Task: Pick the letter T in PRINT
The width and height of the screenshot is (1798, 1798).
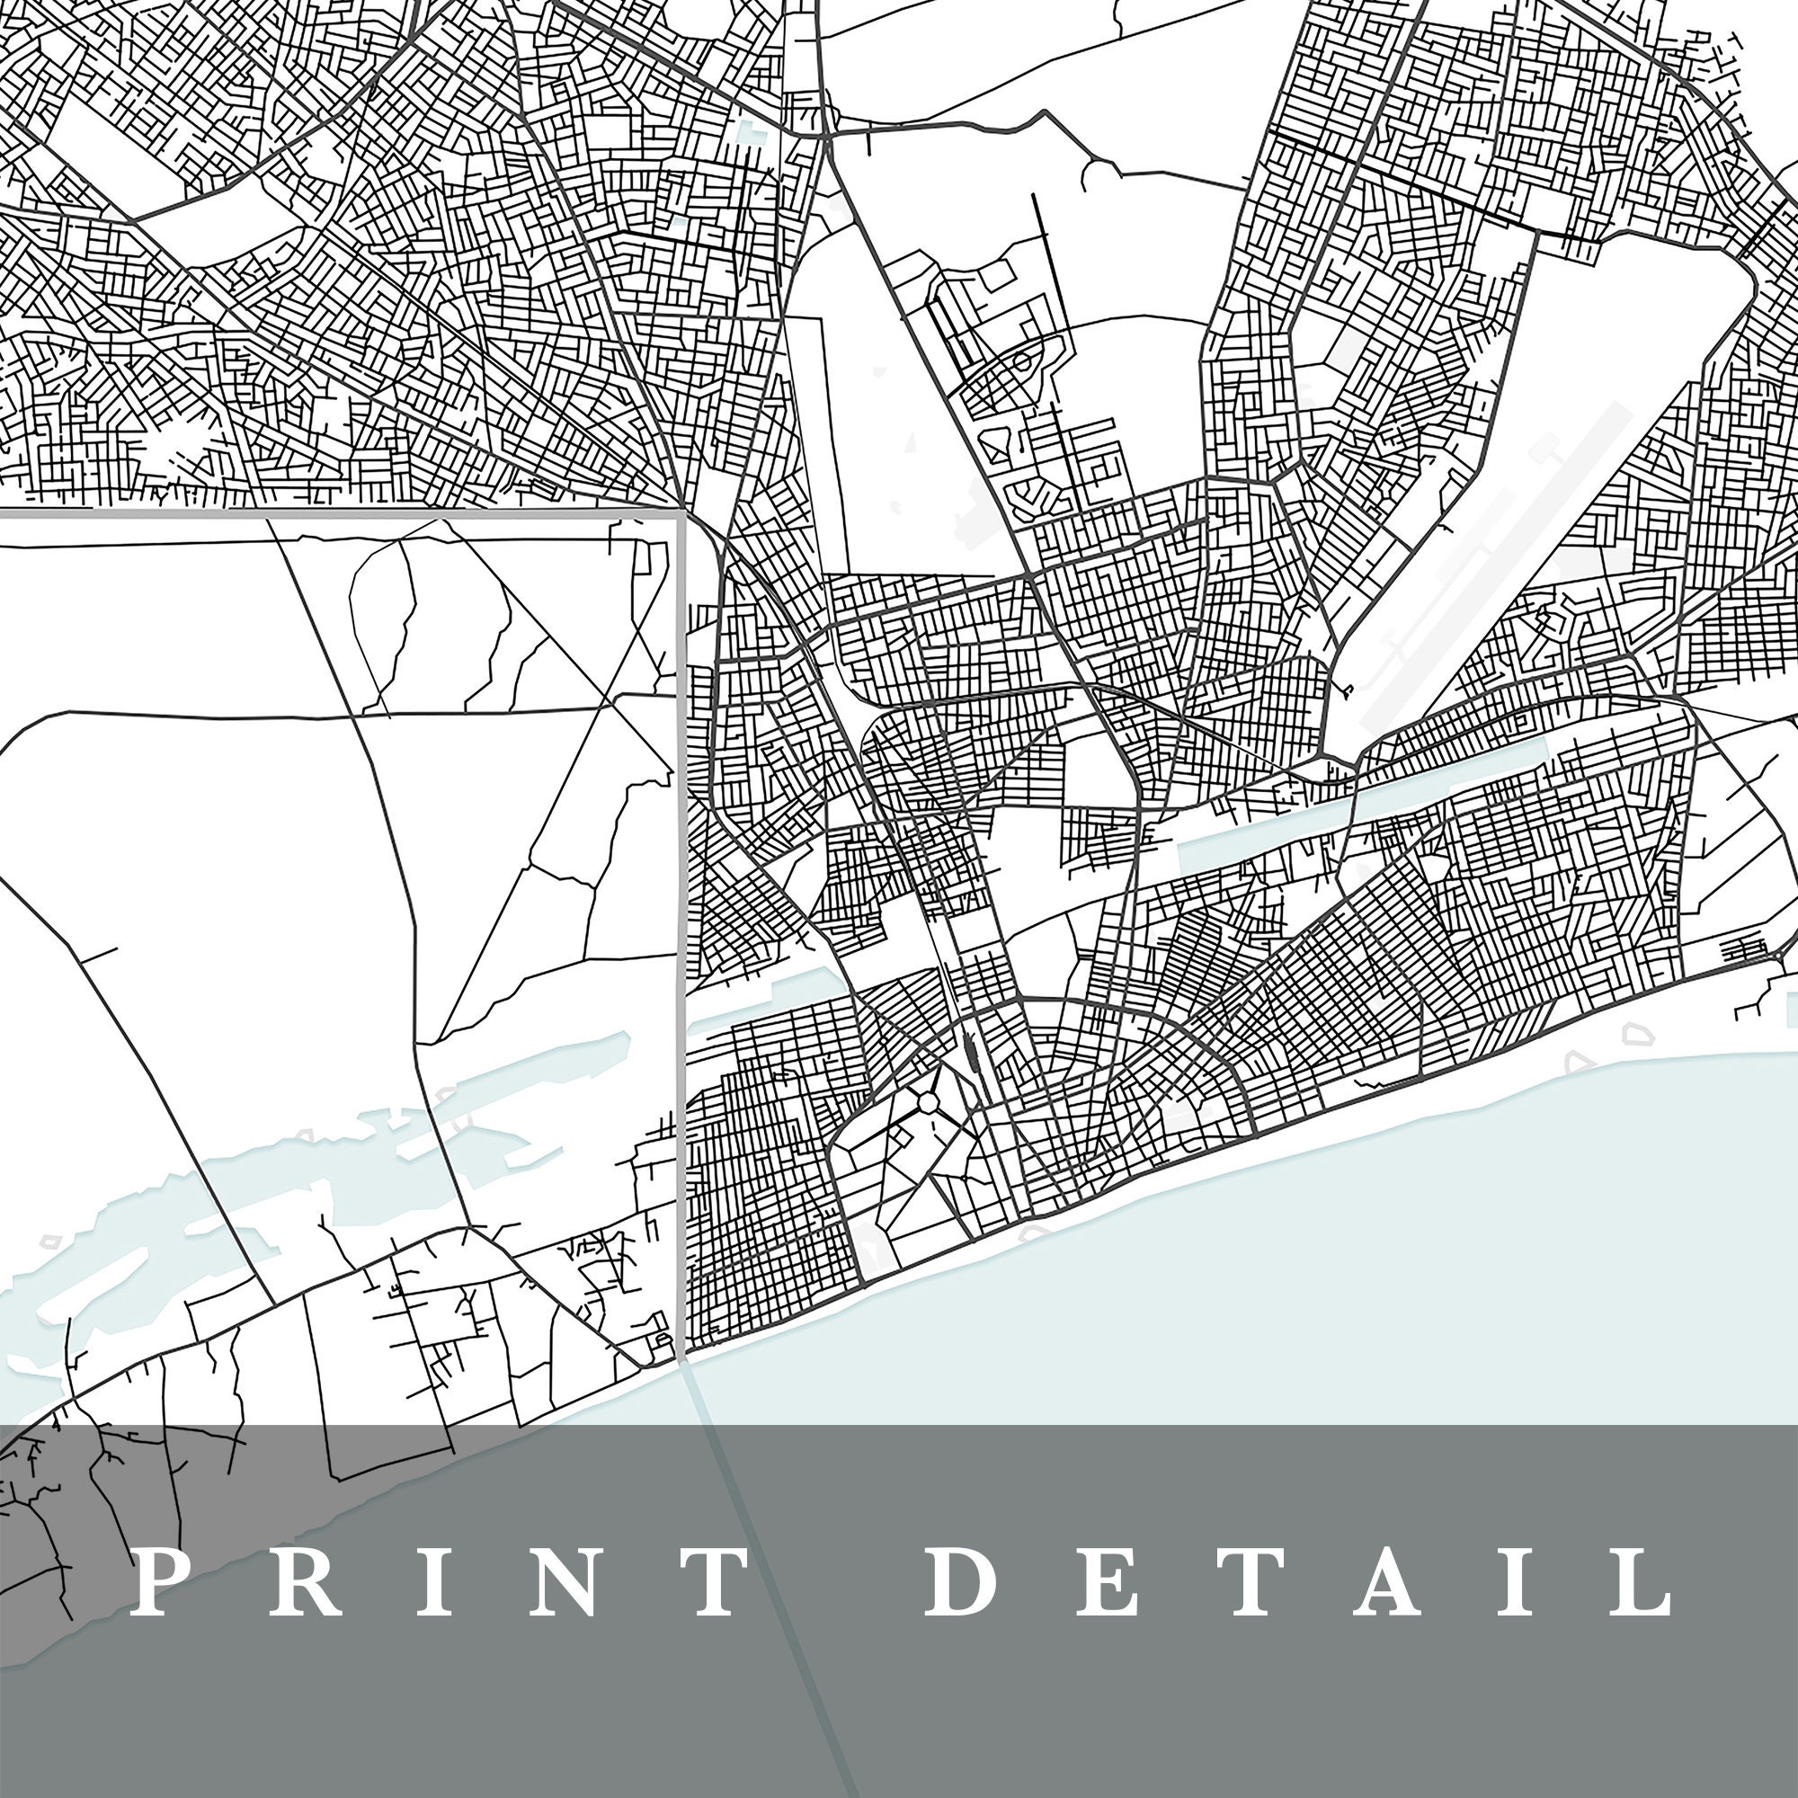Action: tap(707, 1581)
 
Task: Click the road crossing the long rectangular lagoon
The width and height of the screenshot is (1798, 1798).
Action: tap(1349, 819)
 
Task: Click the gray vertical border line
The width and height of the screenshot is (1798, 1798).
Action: tap(683, 930)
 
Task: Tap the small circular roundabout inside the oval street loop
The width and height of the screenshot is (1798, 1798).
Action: tap(1022, 359)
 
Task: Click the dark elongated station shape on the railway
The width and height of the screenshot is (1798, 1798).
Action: tap(971, 1055)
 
